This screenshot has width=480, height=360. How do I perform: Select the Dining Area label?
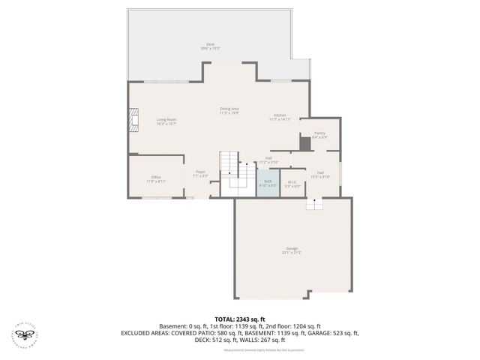click(229, 111)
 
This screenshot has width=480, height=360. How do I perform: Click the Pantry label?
click(319, 135)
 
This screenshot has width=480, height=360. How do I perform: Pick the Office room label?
click(156, 179)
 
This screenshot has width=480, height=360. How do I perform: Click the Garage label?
click(292, 250)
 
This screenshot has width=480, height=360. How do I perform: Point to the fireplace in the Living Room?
click(133, 120)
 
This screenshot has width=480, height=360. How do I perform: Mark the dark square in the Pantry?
click(304, 143)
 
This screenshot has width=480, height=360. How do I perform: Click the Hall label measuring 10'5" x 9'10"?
click(320, 175)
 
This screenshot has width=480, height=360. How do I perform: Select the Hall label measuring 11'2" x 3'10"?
click(268, 160)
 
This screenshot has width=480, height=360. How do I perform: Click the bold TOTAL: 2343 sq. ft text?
click(239, 319)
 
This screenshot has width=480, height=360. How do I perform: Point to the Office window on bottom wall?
click(156, 197)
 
